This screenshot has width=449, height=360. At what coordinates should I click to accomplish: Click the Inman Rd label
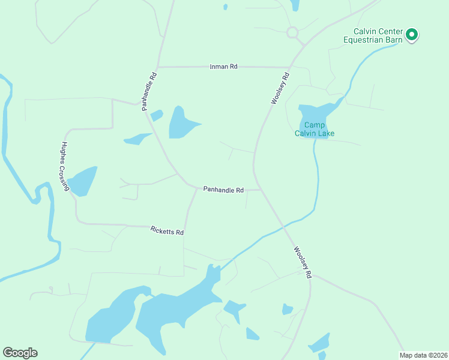pyautogui.click(x=223, y=67)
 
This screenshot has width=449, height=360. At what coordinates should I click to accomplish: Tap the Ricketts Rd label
pyautogui.click(x=167, y=230)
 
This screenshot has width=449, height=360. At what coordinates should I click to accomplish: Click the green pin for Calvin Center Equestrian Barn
pyautogui.click(x=412, y=35)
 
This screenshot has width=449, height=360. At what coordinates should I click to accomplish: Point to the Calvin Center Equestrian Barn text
pyautogui.click(x=377, y=36)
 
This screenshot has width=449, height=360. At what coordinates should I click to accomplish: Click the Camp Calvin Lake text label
pyautogui.click(x=314, y=129)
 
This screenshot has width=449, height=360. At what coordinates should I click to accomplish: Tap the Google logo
pyautogui.click(x=20, y=352)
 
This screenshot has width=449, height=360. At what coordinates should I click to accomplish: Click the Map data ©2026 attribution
pyautogui.click(x=424, y=355)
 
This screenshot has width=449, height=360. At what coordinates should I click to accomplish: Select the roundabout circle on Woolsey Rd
pyautogui.click(x=292, y=32)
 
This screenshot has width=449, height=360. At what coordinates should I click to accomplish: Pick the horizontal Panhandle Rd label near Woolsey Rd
pyautogui.click(x=223, y=190)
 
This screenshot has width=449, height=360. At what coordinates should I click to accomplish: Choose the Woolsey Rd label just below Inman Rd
pyautogui.click(x=280, y=89)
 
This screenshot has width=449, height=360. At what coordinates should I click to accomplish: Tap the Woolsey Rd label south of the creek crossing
pyautogui.click(x=303, y=262)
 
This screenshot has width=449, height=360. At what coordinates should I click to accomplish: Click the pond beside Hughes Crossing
pyautogui.click(x=82, y=181)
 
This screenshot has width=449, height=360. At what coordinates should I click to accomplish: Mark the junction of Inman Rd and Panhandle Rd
pyautogui.click(x=158, y=67)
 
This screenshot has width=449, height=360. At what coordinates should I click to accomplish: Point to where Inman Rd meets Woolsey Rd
pyautogui.click(x=289, y=67)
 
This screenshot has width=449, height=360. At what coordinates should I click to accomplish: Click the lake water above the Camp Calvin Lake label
pyautogui.click(x=312, y=113)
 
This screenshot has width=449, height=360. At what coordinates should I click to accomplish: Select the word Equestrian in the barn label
pyautogui.click(x=363, y=40)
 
